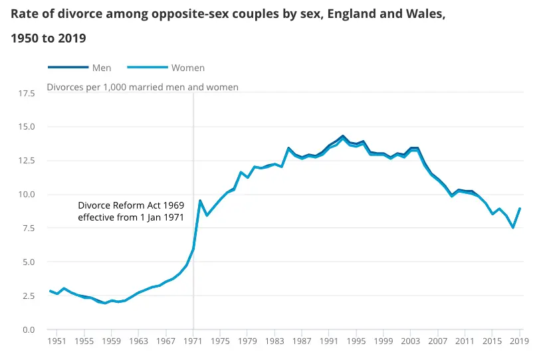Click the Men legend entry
pos(101,68)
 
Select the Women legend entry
pos(188,68)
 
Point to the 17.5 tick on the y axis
pos(27,94)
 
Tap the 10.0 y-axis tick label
pos(27,195)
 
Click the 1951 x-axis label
pos(56,341)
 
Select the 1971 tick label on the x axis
pos(193,341)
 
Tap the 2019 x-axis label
pos(519,341)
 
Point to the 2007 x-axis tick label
pos(437,341)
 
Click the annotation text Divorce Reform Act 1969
pos(130,206)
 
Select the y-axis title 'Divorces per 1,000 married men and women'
pos(142,87)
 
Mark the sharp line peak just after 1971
pos(200,201)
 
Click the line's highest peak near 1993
pos(343,136)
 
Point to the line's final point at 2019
pos(520,209)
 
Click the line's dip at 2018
pos(513,228)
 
